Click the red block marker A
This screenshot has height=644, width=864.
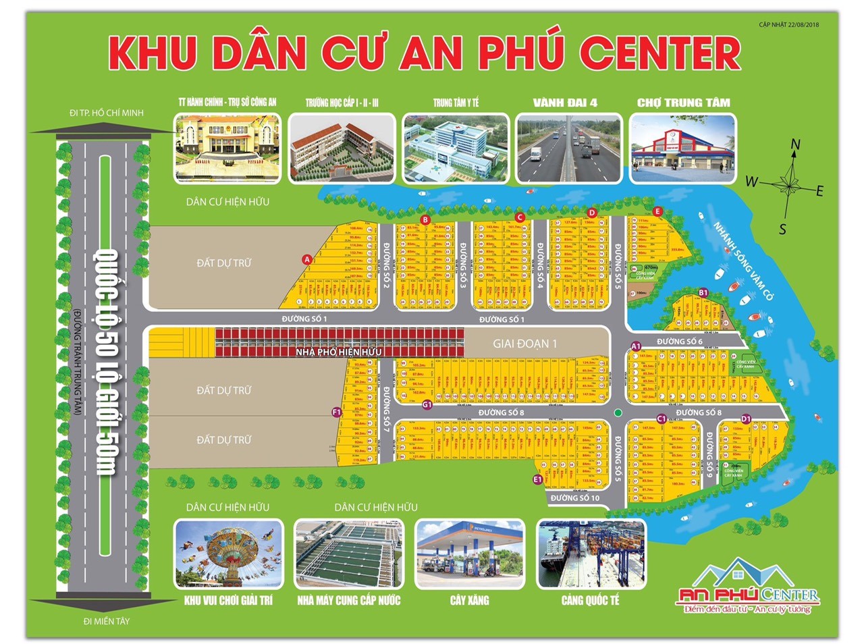[307, 259]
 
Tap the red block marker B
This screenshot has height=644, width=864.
[425, 220]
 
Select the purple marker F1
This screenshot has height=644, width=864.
[337, 412]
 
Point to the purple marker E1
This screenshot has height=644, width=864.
[537, 479]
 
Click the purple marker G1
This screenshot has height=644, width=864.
[427, 404]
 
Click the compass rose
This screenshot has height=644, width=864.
[787, 182]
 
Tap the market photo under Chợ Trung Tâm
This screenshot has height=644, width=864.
[682, 149]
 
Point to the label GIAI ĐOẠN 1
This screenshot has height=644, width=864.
[524, 344]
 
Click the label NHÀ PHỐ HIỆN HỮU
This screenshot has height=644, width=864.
[338, 352]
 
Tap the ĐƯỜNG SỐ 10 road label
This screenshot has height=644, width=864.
[574, 498]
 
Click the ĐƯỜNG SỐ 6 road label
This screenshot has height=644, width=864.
[679, 342]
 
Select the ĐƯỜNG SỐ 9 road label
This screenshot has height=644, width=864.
[709, 455]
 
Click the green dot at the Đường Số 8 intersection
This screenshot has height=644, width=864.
[618, 412]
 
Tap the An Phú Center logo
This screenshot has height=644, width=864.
[747, 587]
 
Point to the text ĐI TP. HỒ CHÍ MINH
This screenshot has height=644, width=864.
[107, 113]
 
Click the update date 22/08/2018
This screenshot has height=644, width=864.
[789, 25]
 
